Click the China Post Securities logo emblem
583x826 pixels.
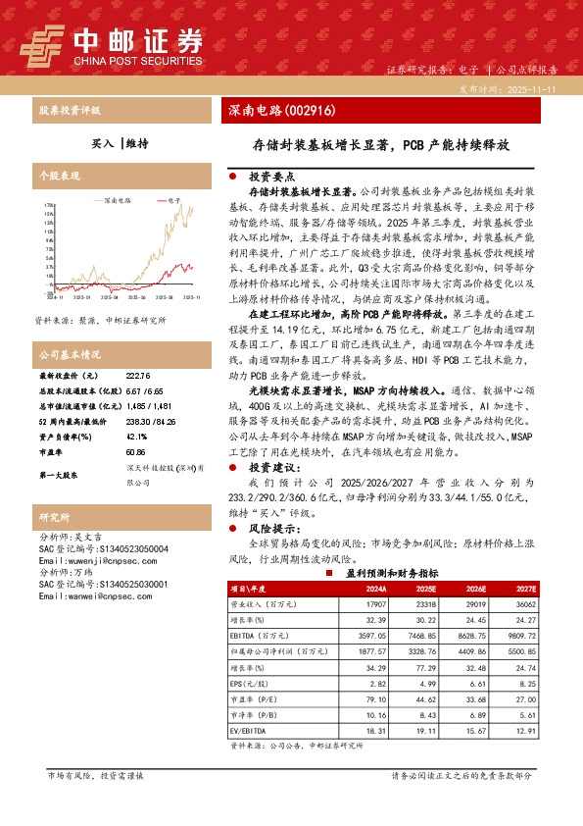pos(43,43)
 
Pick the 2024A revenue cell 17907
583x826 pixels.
pos(375,606)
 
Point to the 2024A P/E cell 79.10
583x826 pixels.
pos(377,700)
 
